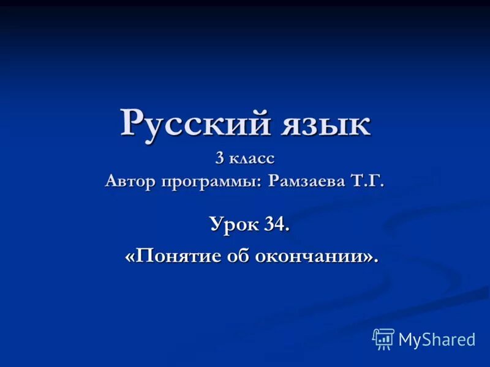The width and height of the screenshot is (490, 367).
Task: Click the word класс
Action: [253, 158]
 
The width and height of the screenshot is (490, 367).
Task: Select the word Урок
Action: [235, 225]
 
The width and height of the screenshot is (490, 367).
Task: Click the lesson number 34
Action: [276, 224]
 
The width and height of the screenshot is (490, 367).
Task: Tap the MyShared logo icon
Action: [383, 338]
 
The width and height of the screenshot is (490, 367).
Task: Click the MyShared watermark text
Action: [436, 339]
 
